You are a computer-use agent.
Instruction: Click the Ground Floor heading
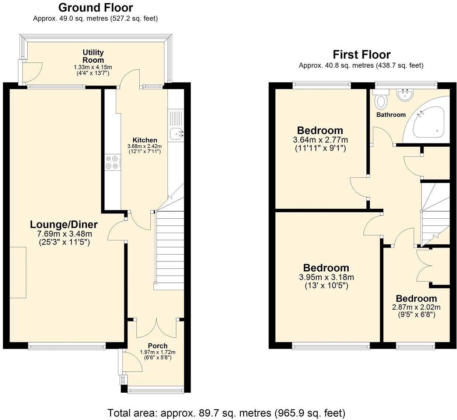(95, 7)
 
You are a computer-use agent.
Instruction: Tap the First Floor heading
(361, 55)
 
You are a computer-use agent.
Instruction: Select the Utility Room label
(93, 56)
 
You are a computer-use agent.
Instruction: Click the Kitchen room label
(145, 140)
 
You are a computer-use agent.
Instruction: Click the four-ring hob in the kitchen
(112, 162)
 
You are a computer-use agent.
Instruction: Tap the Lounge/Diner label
(64, 224)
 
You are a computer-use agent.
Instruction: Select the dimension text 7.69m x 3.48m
(64, 234)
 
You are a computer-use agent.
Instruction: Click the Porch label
(157, 346)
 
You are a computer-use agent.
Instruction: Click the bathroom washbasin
(405, 95)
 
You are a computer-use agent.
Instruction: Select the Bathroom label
(391, 115)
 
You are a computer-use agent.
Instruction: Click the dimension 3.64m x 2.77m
(320, 140)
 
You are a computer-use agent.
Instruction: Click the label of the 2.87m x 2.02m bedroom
(416, 299)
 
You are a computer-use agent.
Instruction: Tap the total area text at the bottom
(226, 412)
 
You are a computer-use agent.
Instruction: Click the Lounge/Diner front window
(67, 346)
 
